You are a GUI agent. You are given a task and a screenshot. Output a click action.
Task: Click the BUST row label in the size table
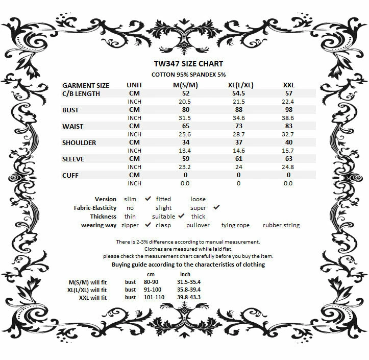point(71,110)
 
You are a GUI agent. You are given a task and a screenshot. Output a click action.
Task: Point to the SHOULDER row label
point(79,142)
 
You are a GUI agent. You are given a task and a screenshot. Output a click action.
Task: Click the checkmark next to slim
point(148,199)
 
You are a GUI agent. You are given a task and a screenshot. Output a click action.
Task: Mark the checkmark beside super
point(216,207)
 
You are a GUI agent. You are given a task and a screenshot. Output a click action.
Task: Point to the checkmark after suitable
point(181,216)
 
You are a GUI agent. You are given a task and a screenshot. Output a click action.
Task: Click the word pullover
point(198,225)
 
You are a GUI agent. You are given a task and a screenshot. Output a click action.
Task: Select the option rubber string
point(281,225)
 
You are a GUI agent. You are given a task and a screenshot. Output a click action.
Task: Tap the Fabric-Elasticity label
point(95,208)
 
